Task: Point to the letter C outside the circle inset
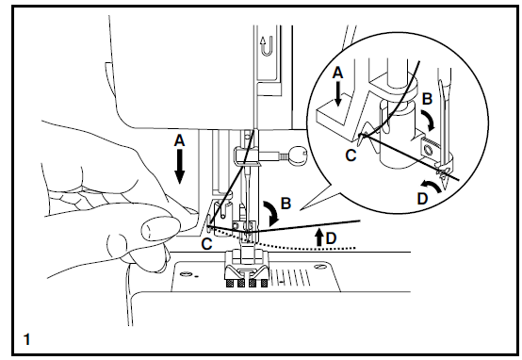tap(206, 242)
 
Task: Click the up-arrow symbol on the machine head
tap(263, 41)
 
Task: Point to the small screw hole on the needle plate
tap(188, 276)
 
